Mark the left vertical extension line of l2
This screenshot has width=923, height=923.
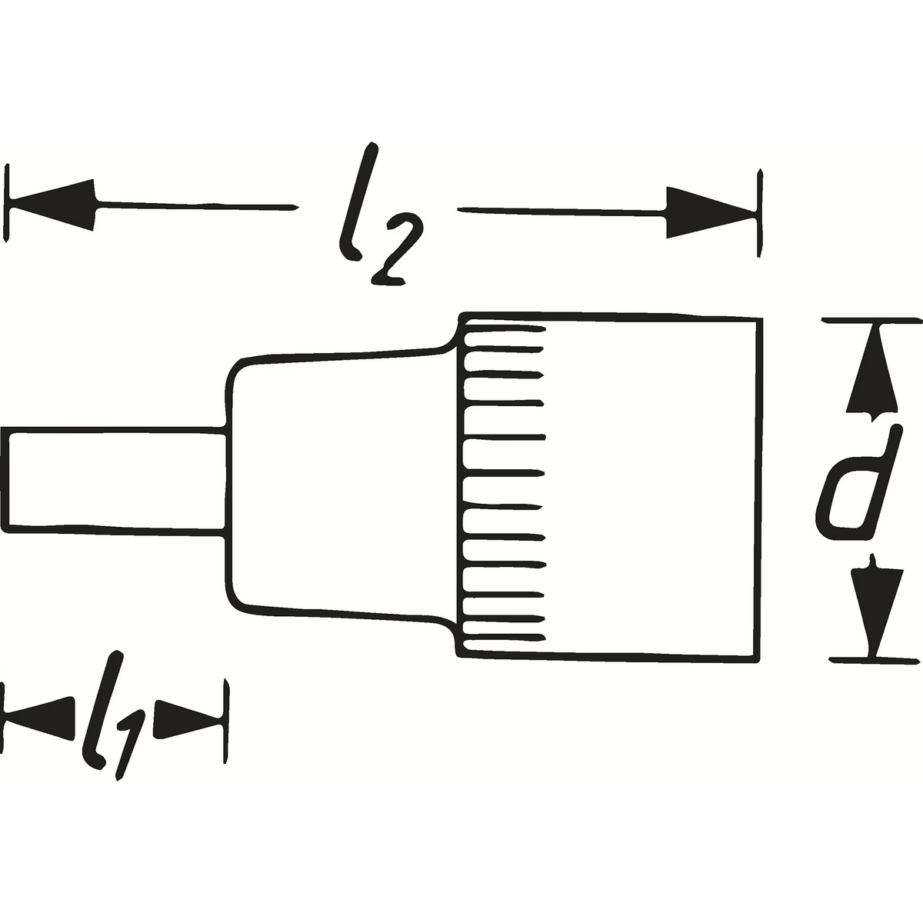pos(8,203)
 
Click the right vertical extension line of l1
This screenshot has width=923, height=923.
pos(227,718)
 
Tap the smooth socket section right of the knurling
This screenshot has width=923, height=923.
pos(654,485)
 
